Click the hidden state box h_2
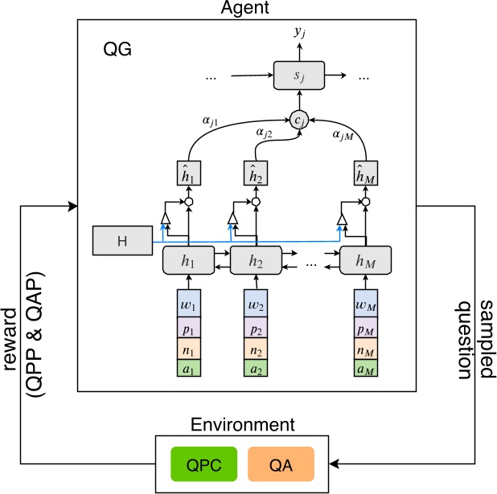tap(256, 261)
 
